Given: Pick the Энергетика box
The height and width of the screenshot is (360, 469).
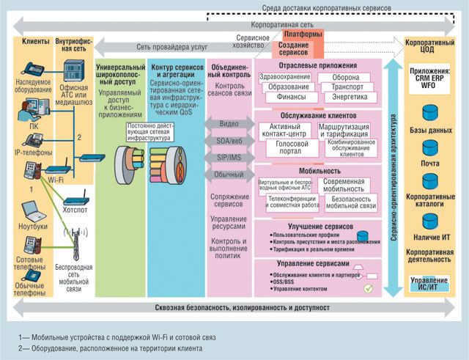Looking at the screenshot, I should click(342, 98).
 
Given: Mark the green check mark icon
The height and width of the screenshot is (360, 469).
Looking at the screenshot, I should click(369, 288).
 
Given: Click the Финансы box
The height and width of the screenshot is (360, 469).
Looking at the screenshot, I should click(282, 98).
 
